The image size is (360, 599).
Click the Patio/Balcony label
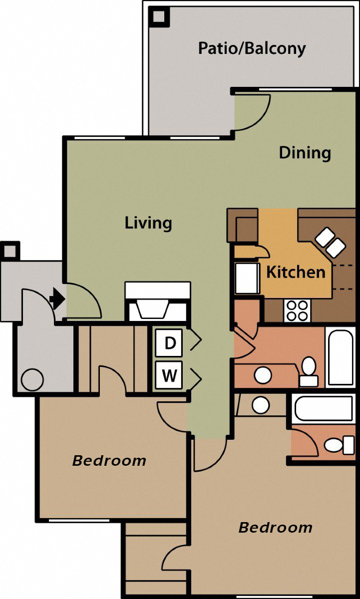(x=252, y=48)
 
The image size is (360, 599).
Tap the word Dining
(x=305, y=152)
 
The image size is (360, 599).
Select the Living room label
(x=148, y=223)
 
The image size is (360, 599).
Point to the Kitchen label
(x=296, y=272)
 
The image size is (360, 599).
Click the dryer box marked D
(x=170, y=343)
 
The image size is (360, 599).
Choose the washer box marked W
(x=170, y=375)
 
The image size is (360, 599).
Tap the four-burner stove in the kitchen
(x=298, y=310)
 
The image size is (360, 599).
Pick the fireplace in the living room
(x=157, y=302)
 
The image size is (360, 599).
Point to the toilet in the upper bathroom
(x=309, y=371)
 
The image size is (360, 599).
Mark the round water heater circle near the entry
(x=32, y=380)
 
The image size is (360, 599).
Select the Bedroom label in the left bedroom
(x=109, y=460)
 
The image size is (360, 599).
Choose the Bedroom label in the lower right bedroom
(x=275, y=527)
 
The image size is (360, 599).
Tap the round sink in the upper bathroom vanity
(x=263, y=374)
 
